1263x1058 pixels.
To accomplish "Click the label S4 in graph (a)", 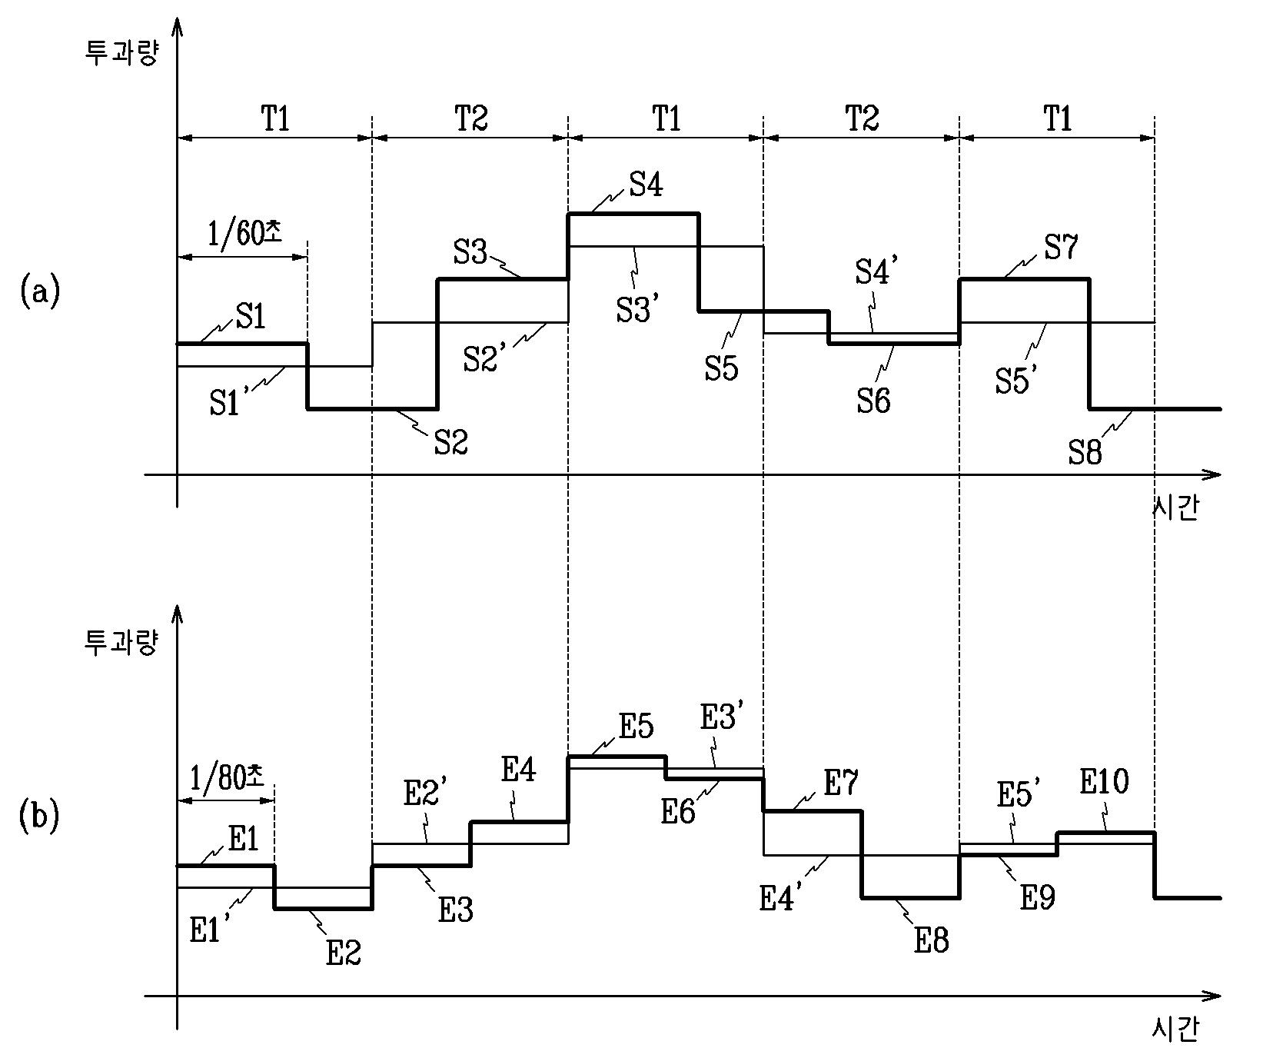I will pyautogui.click(x=646, y=186).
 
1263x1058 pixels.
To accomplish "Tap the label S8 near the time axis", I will pyautogui.click(x=1085, y=453).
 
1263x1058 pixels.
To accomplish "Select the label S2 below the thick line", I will pyautogui.click(x=451, y=442).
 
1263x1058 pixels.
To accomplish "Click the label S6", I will pyautogui.click(x=874, y=401).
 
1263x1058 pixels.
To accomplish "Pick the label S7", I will pyautogui.click(x=1062, y=248).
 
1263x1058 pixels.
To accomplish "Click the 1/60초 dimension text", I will pyautogui.click(x=244, y=232).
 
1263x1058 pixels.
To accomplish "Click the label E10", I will pyautogui.click(x=1105, y=783).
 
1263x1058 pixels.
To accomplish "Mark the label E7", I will pyautogui.click(x=841, y=784).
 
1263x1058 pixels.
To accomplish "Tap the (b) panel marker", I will pyautogui.click(x=38, y=817).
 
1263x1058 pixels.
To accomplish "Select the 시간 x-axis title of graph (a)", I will pyautogui.click(x=1175, y=510).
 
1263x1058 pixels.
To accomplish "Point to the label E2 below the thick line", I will pyautogui.click(x=344, y=953).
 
